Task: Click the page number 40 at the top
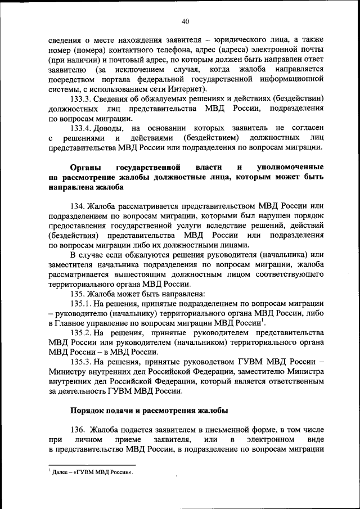pos(185,21)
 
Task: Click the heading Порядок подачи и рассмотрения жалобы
pos(149,411)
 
